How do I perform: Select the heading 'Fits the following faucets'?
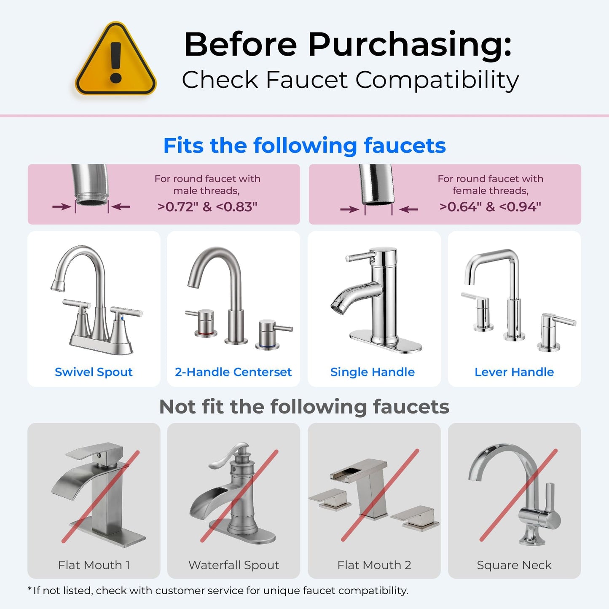[304, 146]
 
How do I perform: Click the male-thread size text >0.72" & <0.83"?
[207, 207]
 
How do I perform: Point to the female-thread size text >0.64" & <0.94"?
[490, 207]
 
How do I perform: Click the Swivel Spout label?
[94, 372]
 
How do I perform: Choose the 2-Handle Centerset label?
[233, 372]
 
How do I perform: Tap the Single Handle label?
[373, 372]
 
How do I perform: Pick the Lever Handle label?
[514, 372]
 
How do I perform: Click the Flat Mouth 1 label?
[94, 565]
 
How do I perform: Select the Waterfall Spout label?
[233, 565]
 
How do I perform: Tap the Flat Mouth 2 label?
[374, 565]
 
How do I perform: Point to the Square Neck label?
[514, 565]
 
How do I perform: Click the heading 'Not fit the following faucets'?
[304, 407]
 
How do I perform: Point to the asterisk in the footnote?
[30, 589]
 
